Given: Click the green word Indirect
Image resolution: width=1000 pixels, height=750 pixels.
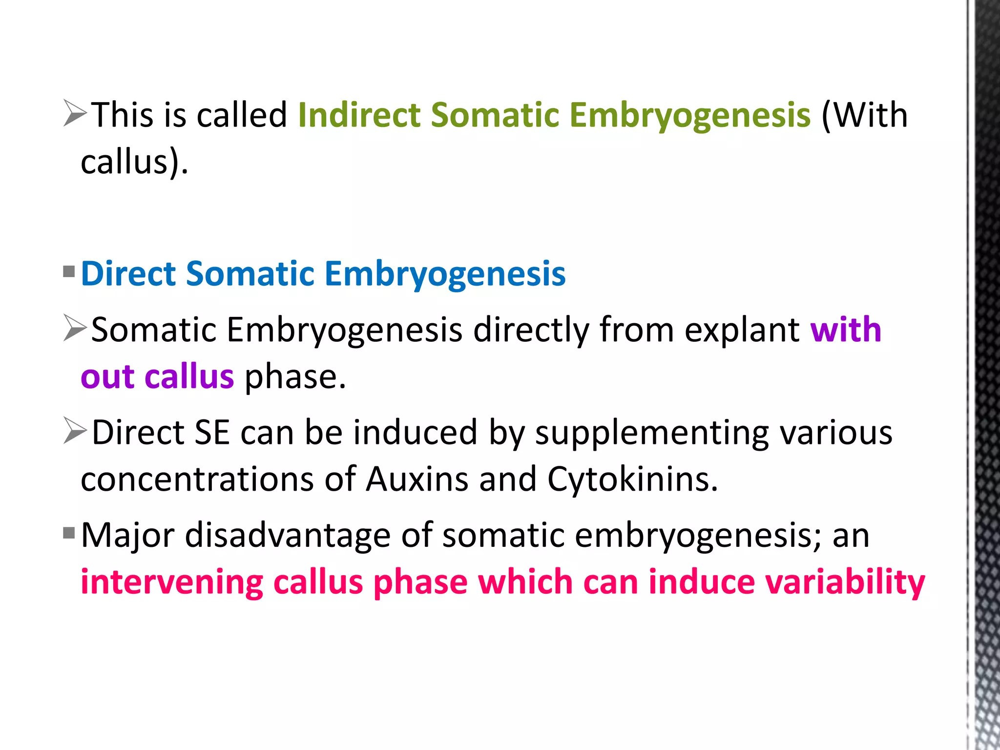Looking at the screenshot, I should tap(359, 115).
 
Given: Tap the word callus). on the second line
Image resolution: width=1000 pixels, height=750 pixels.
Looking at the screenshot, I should tap(134, 162).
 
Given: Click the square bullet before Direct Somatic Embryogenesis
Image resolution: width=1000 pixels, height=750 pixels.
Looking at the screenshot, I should tap(69, 271).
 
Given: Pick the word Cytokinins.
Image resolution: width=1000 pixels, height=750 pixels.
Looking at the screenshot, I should tap(632, 479).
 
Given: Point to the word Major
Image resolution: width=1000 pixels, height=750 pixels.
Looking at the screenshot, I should tap(127, 536).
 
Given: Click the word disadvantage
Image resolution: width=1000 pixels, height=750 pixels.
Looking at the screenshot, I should tap(288, 536).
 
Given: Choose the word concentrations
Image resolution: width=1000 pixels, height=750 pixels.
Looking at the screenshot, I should tap(197, 479).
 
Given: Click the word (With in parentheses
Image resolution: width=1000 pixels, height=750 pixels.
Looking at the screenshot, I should tap(864, 115).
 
